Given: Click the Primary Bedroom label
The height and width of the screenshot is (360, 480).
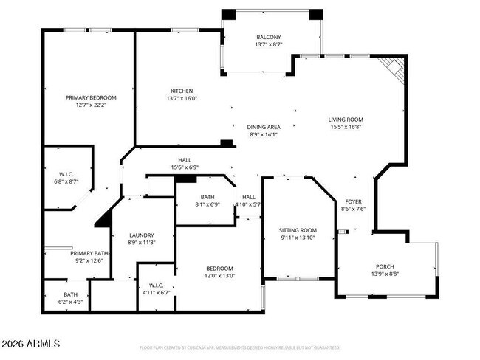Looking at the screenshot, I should pos(91,97).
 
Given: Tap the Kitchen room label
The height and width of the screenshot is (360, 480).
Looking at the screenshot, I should pos(182,91).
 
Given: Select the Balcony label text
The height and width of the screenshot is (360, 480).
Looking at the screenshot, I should pos(268,37).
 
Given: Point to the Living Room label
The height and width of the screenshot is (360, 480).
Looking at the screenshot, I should pos(346,119).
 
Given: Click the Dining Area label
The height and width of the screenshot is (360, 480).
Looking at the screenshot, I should pos(264,127).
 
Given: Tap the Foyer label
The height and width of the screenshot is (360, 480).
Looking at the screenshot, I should pos(352,201).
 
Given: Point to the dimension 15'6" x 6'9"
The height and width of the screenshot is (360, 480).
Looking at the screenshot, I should pos(184,167).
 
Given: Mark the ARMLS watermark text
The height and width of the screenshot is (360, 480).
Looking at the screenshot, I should pos(30,345).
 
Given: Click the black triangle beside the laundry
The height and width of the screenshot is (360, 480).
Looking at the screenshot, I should pos(103,218).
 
